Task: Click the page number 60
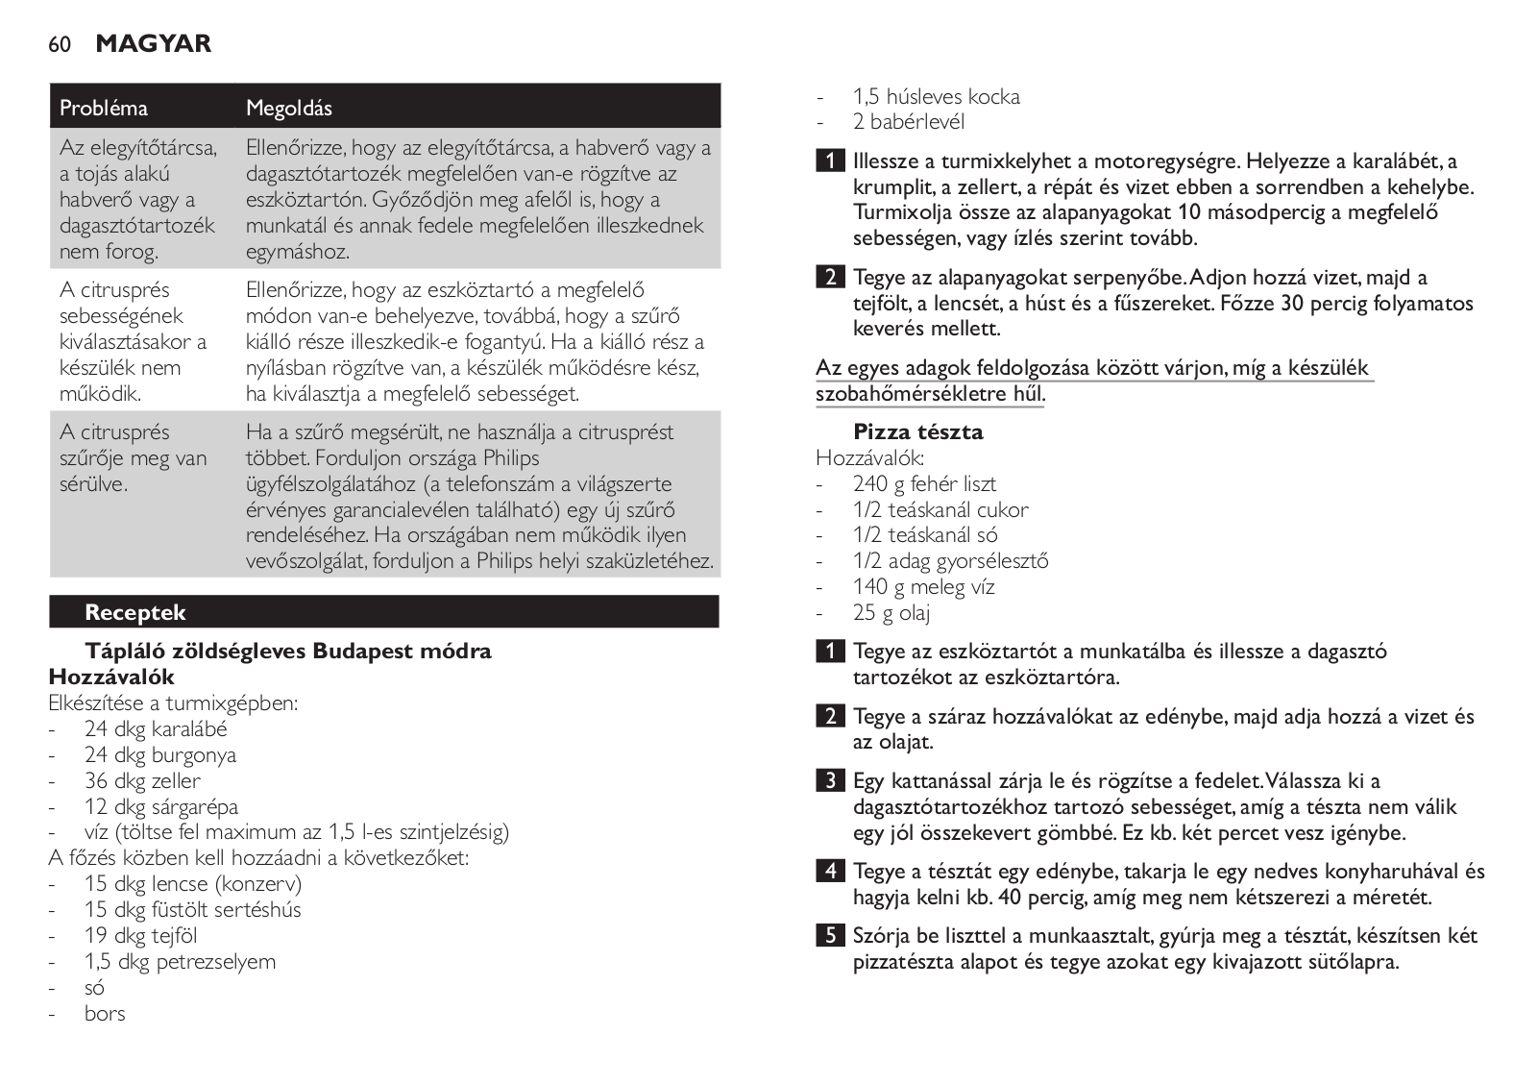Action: [60, 44]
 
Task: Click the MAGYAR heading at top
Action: [154, 43]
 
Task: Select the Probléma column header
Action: [104, 108]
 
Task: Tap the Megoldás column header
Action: [289, 108]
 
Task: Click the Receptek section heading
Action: [134, 612]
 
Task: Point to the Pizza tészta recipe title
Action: [918, 431]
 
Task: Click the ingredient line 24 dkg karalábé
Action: [156, 729]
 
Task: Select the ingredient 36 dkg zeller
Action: [142, 781]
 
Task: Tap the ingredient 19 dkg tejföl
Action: [141, 936]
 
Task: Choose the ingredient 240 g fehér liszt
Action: [924, 484]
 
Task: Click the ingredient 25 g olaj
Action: [891, 613]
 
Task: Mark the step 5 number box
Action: [831, 935]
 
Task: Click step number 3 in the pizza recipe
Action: [831, 780]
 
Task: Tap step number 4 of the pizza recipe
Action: [831, 872]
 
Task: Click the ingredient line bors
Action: [105, 1014]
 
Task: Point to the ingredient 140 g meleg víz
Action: [923, 587]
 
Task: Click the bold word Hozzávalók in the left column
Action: [111, 677]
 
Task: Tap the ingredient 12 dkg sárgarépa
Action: [161, 807]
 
